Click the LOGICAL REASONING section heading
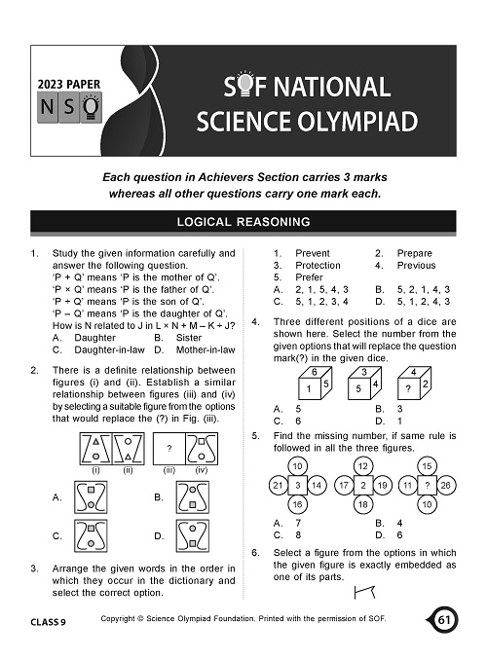pos(243,222)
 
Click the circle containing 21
pos(278,484)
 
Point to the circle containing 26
pos(445,484)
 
